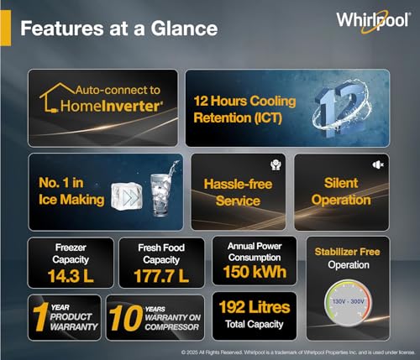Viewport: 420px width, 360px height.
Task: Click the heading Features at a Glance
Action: coord(118,28)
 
